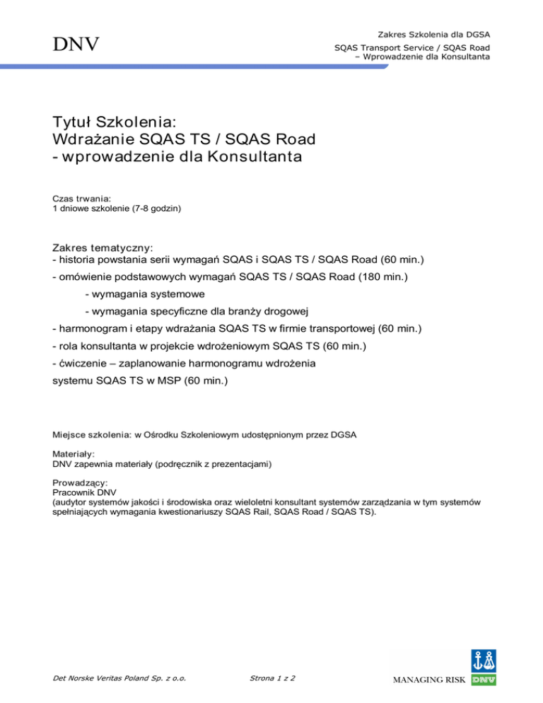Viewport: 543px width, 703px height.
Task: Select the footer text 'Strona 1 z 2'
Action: pos(273,678)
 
